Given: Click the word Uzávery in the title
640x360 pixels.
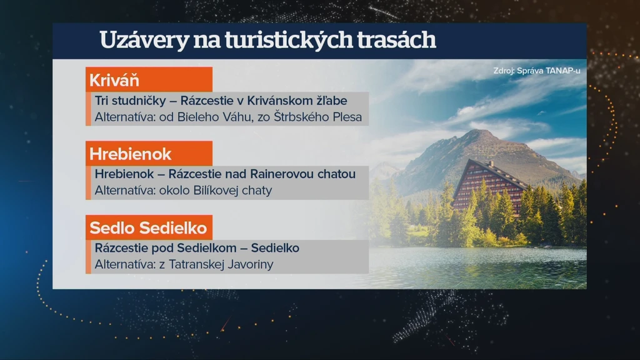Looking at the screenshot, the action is click(144, 41).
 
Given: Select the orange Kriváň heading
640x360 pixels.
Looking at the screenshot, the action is click(149, 79).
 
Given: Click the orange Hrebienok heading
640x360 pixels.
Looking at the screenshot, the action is click(149, 154).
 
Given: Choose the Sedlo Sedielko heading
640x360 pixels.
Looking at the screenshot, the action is click(149, 227).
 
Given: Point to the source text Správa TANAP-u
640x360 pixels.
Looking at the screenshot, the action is click(548, 71).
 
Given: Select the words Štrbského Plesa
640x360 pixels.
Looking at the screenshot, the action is click(317, 117).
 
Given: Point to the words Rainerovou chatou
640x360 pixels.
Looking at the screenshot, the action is click(302, 174).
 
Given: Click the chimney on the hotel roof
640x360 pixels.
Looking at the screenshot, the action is click(492, 163).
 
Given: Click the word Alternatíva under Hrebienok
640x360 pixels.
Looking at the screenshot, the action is click(125, 191).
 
